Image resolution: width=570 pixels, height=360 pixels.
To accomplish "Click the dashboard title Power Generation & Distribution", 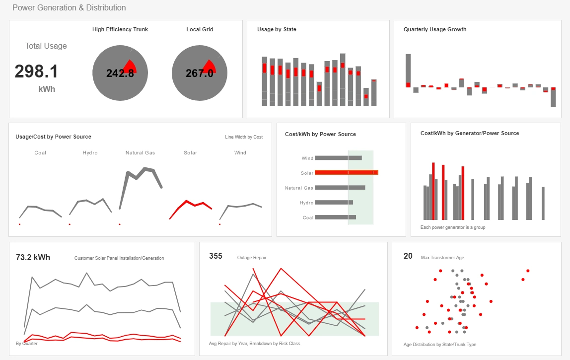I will tap(69, 8).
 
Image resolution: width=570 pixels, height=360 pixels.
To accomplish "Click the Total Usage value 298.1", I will tap(36, 72).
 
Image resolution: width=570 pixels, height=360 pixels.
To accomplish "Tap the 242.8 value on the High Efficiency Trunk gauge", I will tap(120, 73).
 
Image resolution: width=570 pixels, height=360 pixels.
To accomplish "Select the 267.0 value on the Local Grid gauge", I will tap(199, 73).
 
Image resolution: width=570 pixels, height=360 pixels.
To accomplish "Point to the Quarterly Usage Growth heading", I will tap(435, 30).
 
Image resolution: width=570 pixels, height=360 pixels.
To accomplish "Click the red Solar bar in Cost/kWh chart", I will tap(347, 172).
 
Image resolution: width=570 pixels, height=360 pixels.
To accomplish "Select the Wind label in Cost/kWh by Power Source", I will tap(307, 158).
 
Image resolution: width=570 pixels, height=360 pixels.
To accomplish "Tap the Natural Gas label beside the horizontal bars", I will tap(299, 188).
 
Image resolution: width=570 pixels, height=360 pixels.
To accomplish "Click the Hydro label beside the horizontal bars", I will tap(306, 203).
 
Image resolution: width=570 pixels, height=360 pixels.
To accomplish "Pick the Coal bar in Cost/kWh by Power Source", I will tap(335, 217).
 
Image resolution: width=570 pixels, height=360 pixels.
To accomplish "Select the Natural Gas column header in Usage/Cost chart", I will tap(140, 153).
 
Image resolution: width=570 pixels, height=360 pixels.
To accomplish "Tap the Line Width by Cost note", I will tap(244, 137).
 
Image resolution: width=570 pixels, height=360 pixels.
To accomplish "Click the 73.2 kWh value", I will tap(33, 257).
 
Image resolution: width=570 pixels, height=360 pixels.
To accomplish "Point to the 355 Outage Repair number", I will tap(215, 256).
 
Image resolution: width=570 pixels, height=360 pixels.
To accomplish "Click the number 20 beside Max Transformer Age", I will tap(408, 256).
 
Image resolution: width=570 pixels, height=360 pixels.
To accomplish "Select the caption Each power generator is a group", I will tap(452, 227).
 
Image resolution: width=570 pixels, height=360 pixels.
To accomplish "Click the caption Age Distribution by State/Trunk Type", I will tap(439, 345).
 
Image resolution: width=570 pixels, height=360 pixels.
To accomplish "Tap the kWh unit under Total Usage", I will tap(47, 89).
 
